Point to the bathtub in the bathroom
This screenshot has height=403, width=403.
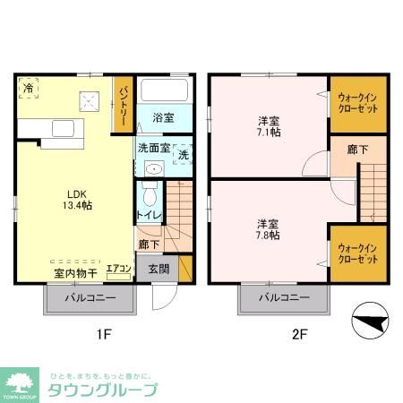(164, 90)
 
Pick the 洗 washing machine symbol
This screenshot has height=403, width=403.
(182, 153)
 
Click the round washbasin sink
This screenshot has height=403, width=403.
(152, 168)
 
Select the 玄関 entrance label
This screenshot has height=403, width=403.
(159, 267)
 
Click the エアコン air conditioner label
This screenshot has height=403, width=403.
(119, 268)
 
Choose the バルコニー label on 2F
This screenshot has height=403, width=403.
(284, 297)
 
